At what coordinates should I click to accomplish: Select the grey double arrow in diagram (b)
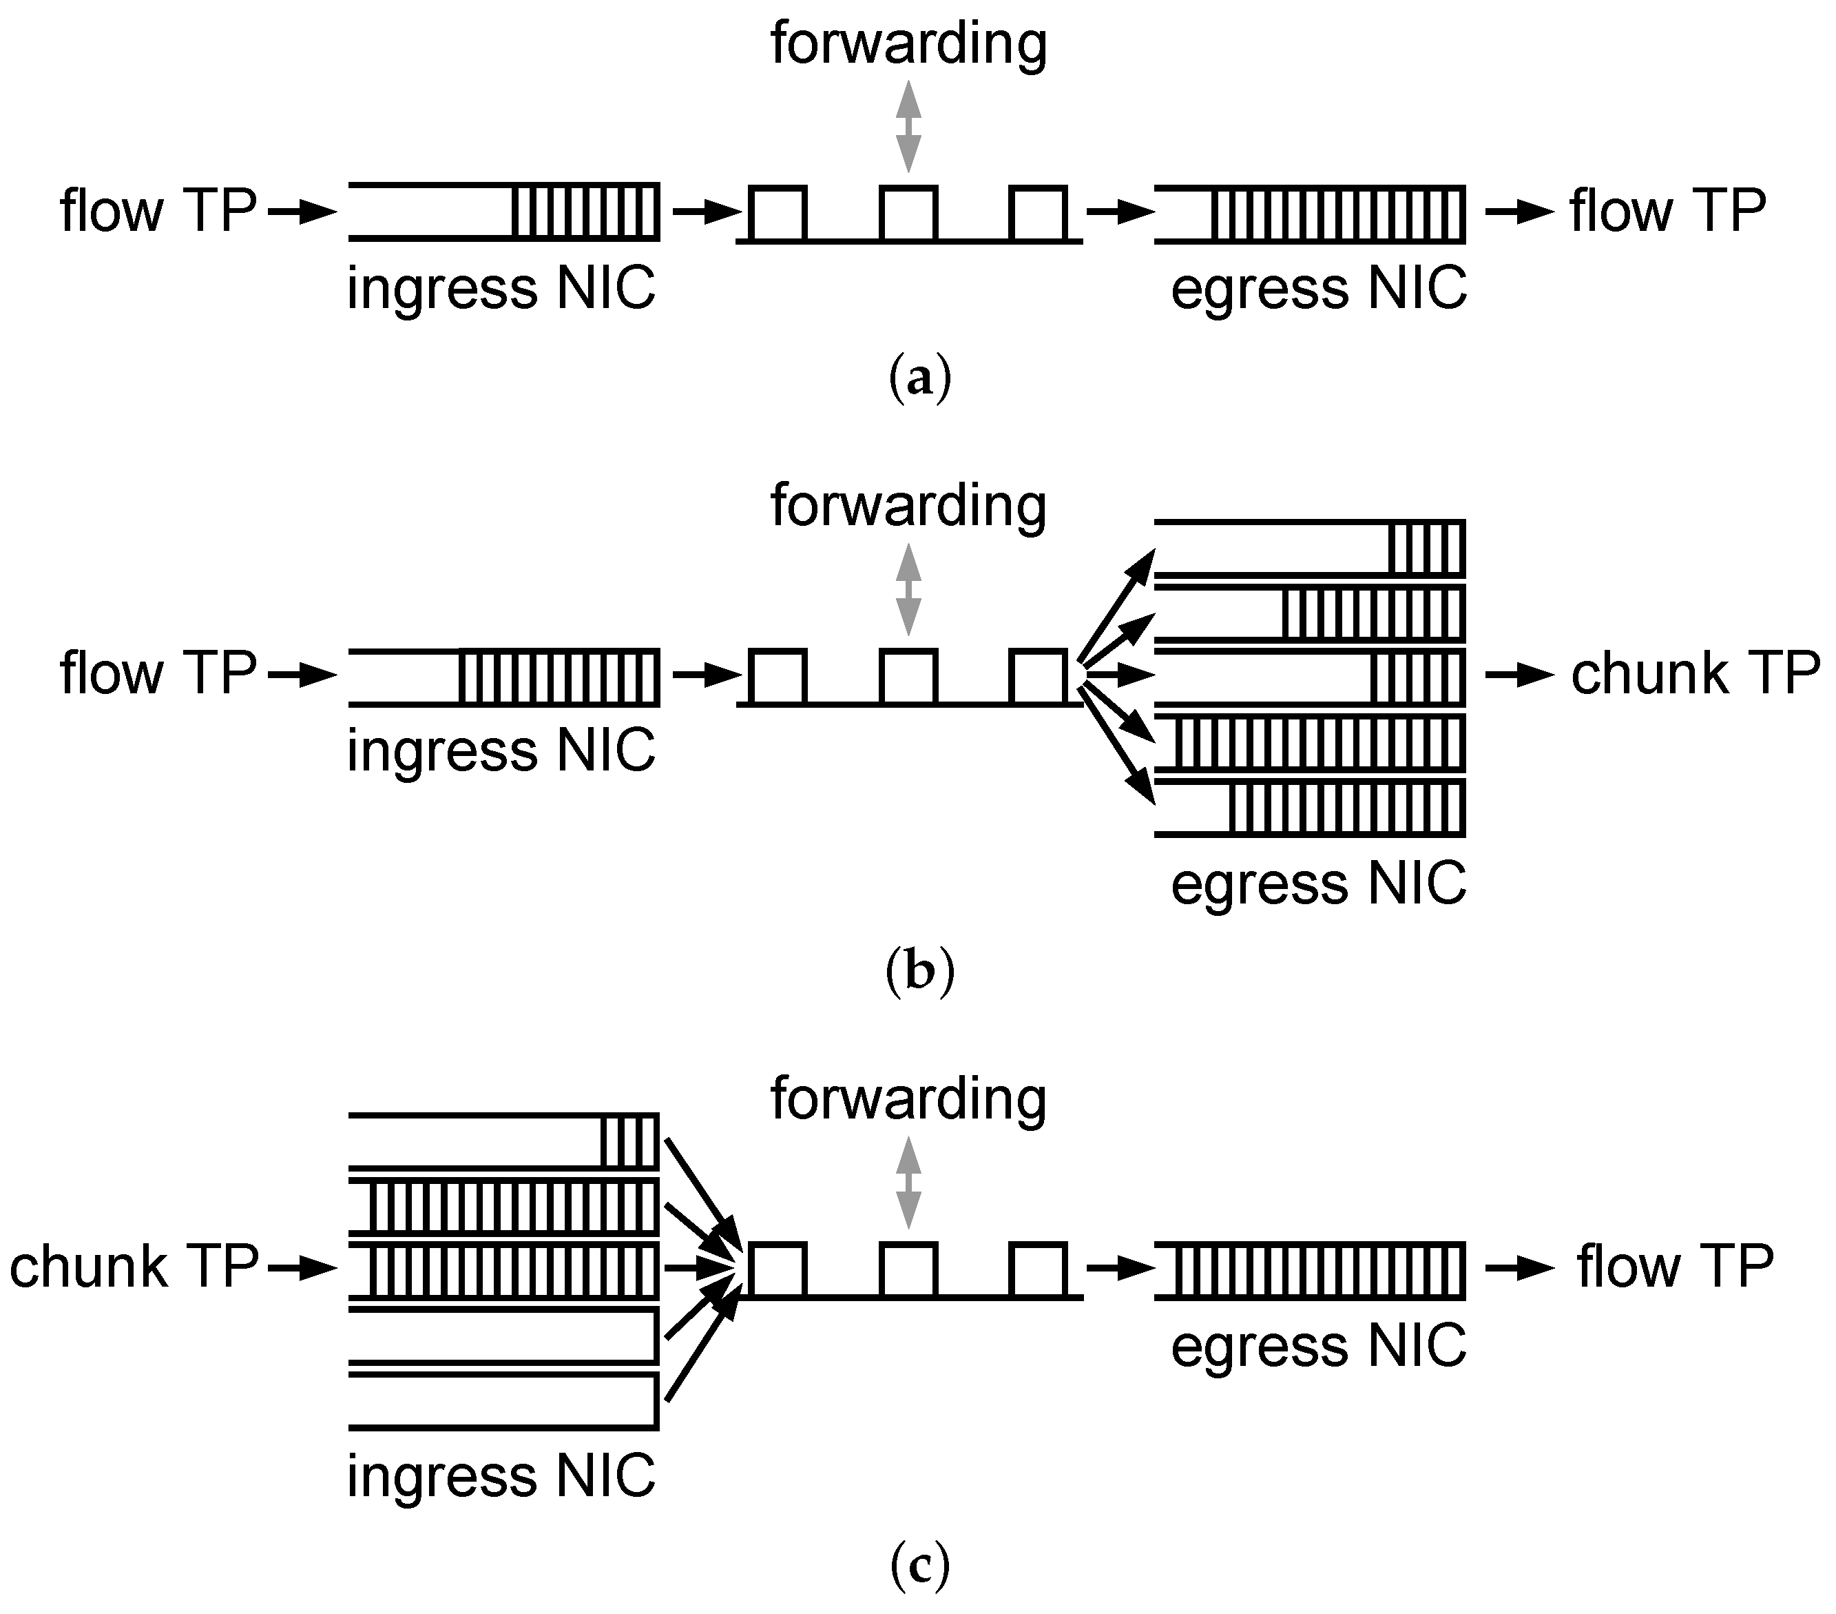tap(908, 589)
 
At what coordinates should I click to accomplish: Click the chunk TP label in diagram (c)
tap(133, 1267)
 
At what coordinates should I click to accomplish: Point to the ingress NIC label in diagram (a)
tap(501, 289)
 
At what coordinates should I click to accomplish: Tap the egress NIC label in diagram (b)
tap(1317, 883)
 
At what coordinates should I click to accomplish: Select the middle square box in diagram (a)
tap(908, 213)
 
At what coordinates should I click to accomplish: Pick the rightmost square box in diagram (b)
tap(1039, 676)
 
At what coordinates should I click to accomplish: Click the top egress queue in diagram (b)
tap(1310, 547)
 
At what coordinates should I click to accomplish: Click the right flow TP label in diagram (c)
tap(1674, 1267)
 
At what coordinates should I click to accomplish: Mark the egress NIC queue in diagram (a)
tap(1310, 213)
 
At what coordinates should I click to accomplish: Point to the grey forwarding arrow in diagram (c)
tap(908, 1182)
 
